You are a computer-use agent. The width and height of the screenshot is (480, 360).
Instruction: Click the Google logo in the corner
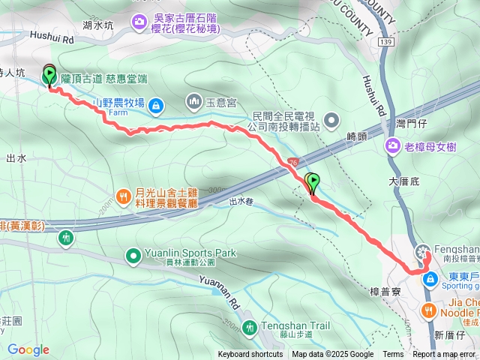tap(28, 349)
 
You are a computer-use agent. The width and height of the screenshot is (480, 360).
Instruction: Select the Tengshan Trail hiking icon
tap(250, 326)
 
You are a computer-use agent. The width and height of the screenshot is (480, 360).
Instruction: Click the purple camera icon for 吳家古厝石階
tap(139, 22)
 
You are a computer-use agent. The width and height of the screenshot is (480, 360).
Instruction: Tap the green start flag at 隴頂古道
tap(50, 75)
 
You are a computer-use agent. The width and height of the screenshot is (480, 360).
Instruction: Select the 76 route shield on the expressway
tap(292, 161)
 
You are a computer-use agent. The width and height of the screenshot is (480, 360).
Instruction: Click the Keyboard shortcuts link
tap(250, 355)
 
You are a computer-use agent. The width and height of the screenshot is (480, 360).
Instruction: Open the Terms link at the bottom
tap(393, 355)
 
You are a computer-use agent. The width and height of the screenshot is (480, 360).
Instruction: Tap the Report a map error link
tap(445, 355)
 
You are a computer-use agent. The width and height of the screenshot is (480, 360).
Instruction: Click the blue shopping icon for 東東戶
tap(430, 280)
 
